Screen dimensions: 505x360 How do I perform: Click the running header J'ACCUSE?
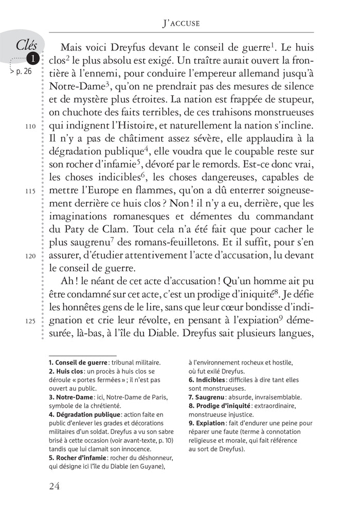(179, 23)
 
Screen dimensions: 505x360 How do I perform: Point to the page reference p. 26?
(22, 72)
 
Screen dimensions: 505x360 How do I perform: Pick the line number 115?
(29, 190)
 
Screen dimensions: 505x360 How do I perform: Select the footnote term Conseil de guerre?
(82, 362)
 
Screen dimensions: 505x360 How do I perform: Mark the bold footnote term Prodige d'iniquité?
(223, 406)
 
